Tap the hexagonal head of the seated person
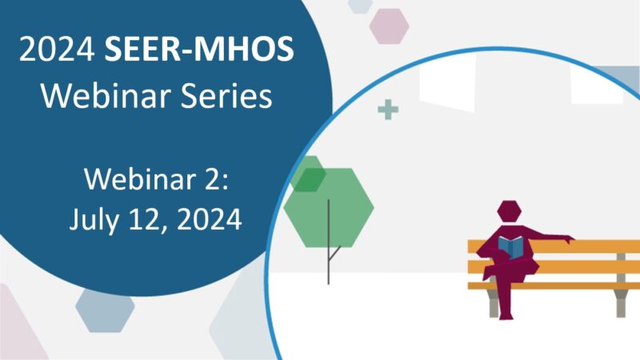508,213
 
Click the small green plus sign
388,110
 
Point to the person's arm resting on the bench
552,238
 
